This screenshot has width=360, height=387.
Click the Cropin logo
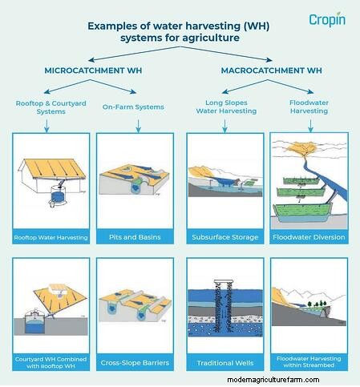point(327,19)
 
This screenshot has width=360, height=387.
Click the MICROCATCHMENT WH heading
point(93,71)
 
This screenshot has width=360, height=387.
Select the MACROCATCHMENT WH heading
point(272,71)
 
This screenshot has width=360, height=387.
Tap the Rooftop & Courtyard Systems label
point(51,107)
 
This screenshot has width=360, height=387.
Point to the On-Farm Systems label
point(133,107)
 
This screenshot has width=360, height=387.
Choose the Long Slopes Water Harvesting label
point(226,107)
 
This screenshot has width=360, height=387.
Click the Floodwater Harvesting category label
point(309,107)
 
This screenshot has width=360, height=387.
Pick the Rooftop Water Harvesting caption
point(51,237)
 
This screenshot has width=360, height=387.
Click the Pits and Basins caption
point(135,237)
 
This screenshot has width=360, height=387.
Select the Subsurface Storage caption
point(225,237)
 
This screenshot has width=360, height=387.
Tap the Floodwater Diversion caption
point(309,237)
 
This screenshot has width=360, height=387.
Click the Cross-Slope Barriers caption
point(135,363)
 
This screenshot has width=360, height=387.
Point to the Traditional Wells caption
point(225,363)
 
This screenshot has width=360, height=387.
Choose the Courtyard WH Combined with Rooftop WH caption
point(51,363)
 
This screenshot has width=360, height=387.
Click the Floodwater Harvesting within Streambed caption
point(309,362)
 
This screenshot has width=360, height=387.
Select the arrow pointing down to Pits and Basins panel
point(138,126)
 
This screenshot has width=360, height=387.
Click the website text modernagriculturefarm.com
point(273,380)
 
